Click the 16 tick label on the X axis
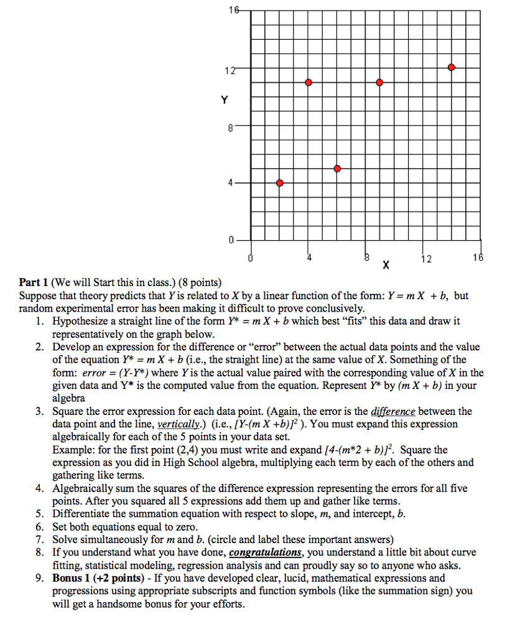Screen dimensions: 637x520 [478, 257]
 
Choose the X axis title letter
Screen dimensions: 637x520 [386, 266]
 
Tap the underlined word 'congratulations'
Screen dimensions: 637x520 [266, 552]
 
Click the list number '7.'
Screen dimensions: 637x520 [40, 539]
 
